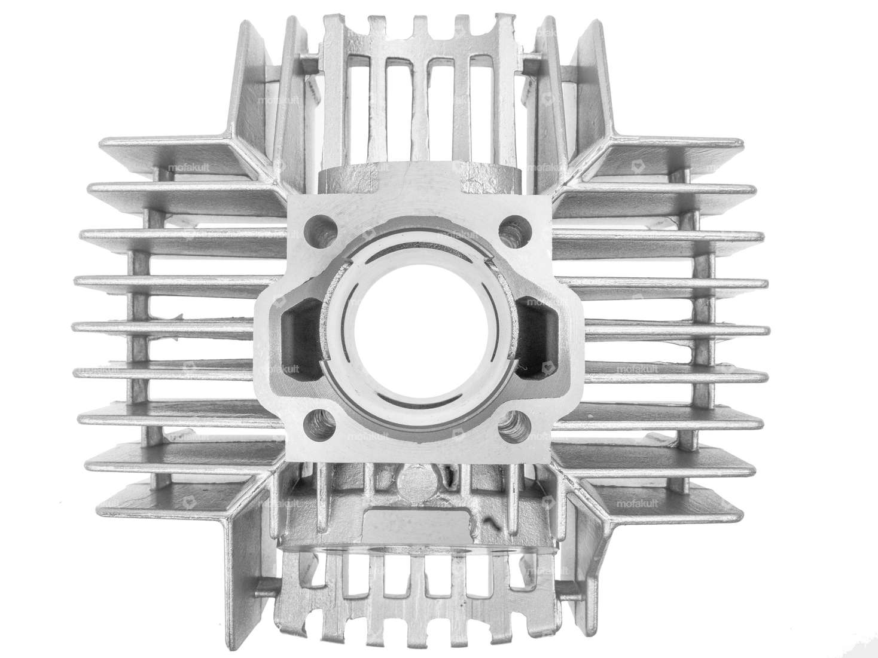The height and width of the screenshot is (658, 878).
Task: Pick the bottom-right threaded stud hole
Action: [x=510, y=426]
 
